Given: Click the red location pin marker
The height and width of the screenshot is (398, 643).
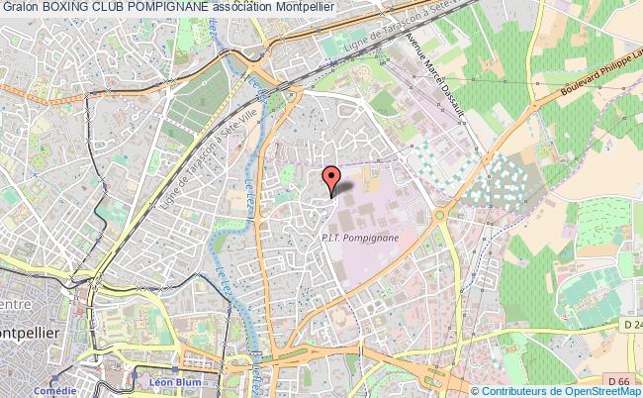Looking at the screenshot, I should click(333, 178).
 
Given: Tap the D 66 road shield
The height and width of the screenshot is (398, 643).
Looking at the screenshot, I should click(618, 379).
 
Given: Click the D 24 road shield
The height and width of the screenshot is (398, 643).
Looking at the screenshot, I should click(630, 324).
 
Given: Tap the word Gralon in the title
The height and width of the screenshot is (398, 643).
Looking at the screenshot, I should click(20, 7).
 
